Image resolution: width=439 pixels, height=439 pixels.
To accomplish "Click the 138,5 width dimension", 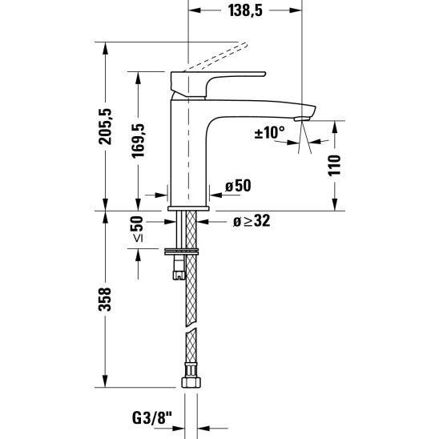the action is (245, 11).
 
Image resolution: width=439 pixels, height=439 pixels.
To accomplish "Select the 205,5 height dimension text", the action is (105, 127).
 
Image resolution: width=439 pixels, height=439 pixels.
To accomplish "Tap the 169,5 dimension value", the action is (138, 141).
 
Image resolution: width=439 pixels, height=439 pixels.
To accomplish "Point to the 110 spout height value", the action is (335, 165).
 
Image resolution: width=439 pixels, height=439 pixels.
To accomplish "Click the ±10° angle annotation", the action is (269, 132).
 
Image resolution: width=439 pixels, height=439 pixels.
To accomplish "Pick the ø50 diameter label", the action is (238, 186).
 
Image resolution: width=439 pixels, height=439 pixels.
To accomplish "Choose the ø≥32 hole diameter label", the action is (252, 221).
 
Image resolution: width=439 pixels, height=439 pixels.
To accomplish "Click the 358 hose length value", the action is (105, 299).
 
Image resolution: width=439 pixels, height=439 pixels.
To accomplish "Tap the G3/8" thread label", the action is (151, 418).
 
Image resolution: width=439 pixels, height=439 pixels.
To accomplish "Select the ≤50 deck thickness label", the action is (138, 229).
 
